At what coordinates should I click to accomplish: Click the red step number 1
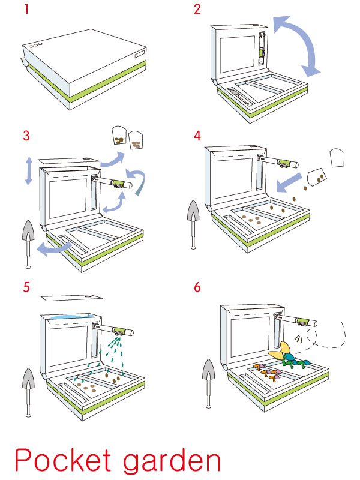pyautogui.click(x=26, y=10)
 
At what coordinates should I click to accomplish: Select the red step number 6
pyautogui.click(x=199, y=287)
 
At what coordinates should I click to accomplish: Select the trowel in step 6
pyautogui.click(x=211, y=384)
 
